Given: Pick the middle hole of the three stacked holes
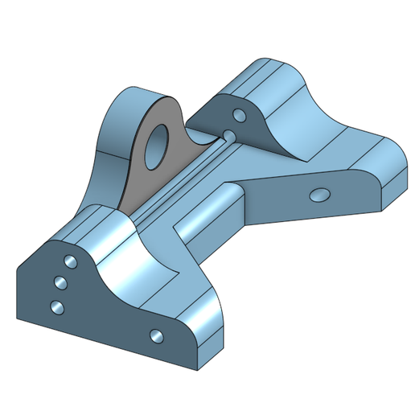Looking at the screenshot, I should coord(60,281).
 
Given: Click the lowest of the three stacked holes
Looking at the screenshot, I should coord(56,306).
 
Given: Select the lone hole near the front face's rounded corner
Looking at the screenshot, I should coord(156,335).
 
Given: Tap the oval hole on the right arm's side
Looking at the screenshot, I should coord(319,194).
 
